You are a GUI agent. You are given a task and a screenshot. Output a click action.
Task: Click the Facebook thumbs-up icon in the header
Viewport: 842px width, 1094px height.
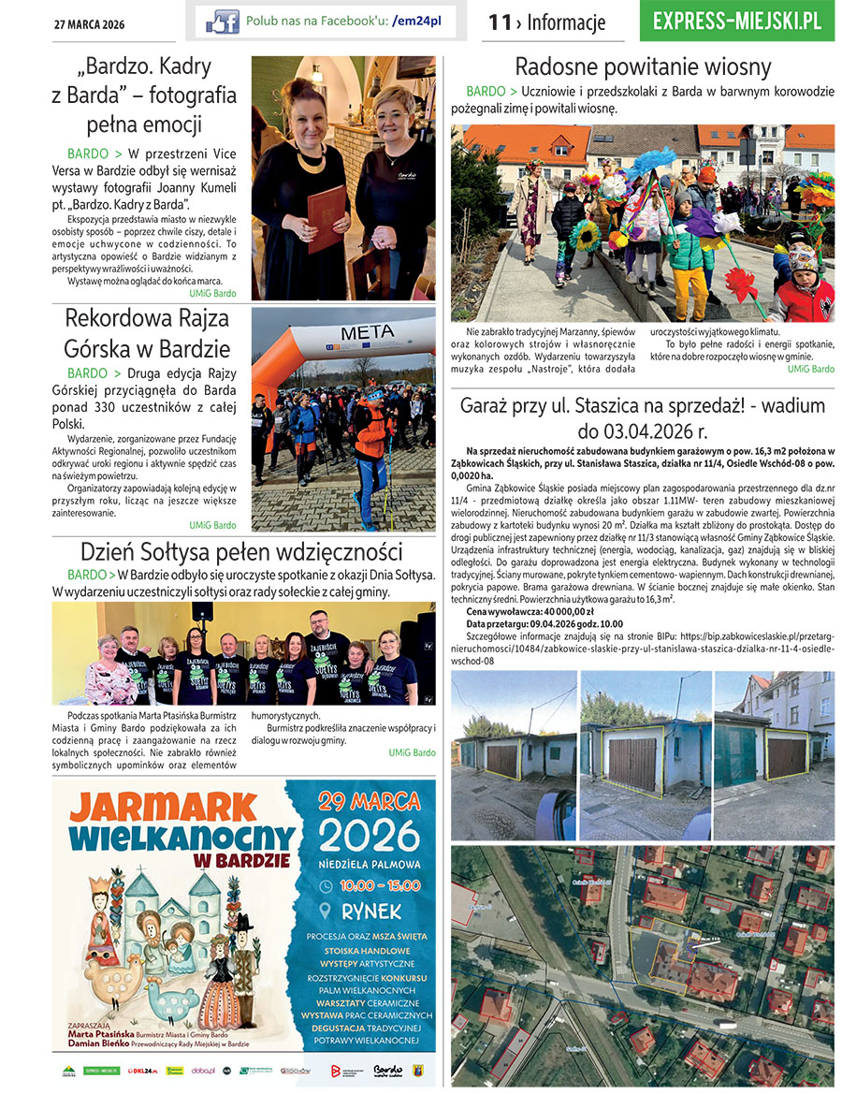tap(223, 21)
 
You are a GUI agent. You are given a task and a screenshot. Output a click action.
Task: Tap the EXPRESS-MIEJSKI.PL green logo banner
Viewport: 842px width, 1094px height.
tap(737, 21)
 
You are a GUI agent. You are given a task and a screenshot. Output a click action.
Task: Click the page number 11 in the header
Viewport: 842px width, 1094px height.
tap(501, 22)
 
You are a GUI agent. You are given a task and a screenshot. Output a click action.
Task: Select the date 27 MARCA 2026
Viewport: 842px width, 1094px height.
tap(89, 24)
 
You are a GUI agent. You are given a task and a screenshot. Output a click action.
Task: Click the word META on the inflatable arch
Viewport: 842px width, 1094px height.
tap(367, 332)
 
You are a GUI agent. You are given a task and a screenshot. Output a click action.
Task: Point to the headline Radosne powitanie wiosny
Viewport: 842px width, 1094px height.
tap(643, 67)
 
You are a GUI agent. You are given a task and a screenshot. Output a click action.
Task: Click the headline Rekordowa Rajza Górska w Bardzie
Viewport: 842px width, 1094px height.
tap(147, 334)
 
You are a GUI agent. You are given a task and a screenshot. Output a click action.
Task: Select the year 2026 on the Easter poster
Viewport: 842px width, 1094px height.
tap(370, 836)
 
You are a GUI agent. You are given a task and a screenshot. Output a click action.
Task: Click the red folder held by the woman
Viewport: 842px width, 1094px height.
tap(327, 219)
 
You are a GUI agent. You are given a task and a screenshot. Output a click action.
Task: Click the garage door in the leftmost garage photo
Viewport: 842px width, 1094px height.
tap(503, 760)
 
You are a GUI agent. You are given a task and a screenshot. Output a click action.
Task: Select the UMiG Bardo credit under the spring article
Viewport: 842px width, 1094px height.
tap(810, 370)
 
